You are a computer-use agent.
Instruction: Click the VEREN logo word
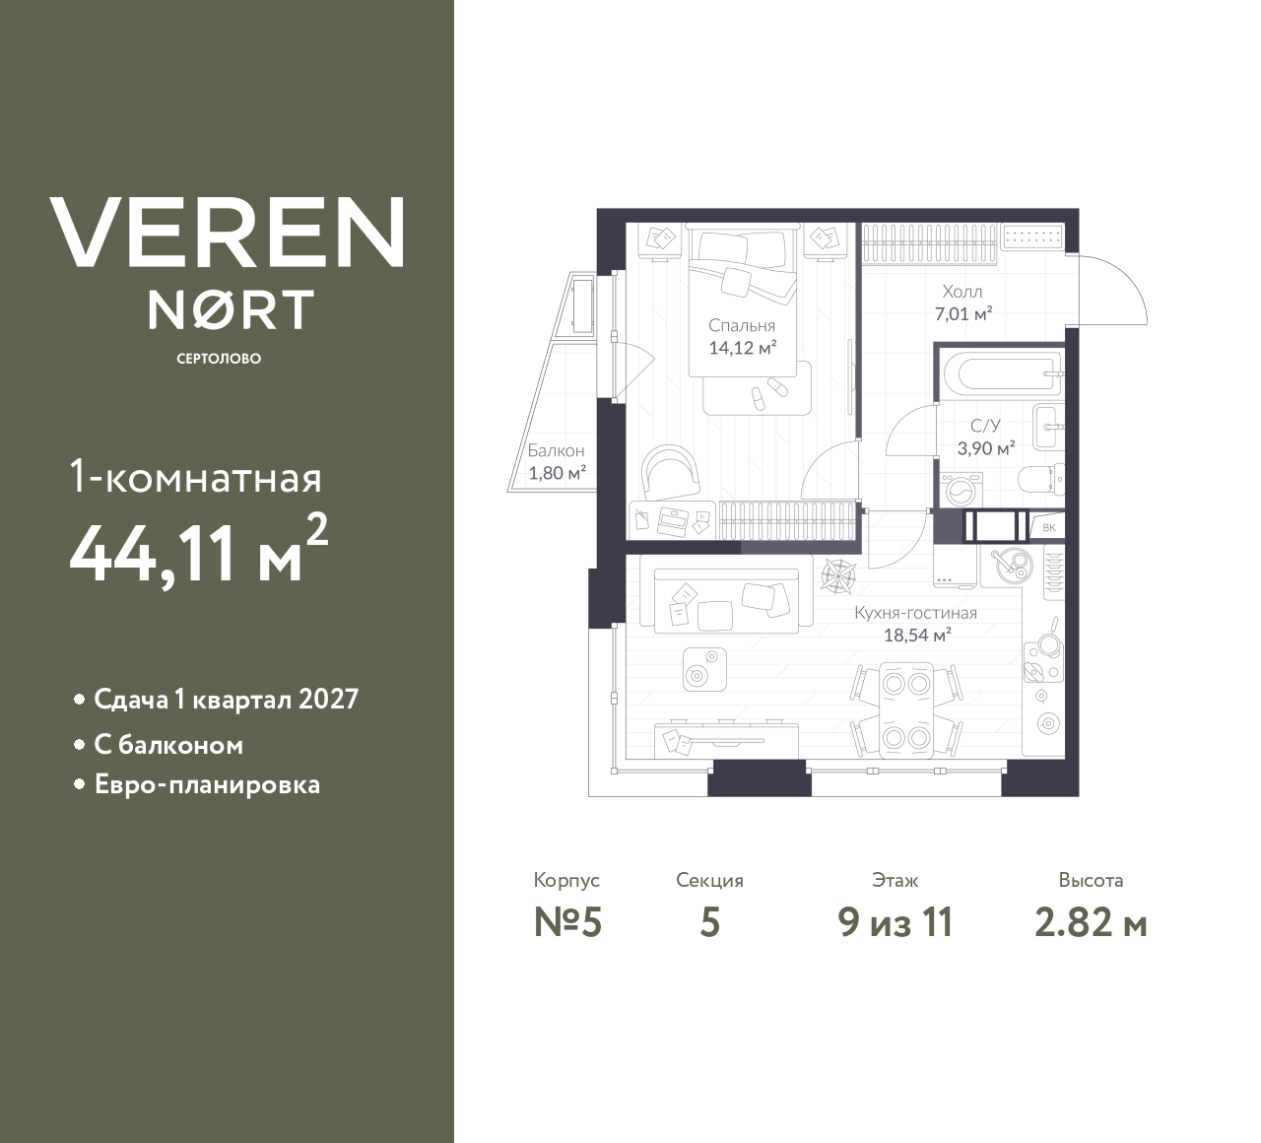227,232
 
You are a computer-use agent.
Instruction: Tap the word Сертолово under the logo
219,359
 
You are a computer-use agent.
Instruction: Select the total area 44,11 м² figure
197,553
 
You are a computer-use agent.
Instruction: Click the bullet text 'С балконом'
168,745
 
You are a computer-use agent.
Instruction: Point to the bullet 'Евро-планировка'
207,785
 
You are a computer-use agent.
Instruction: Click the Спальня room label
742,325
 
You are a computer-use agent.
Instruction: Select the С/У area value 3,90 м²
985,447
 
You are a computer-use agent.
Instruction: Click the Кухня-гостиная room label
915,613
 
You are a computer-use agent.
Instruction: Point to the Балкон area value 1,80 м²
557,472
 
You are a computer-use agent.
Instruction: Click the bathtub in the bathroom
998,374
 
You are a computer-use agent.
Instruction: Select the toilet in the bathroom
1040,481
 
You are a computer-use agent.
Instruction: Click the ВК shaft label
1048,528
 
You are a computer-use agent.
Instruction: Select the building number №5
566,922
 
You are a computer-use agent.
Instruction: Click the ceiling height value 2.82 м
1091,922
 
